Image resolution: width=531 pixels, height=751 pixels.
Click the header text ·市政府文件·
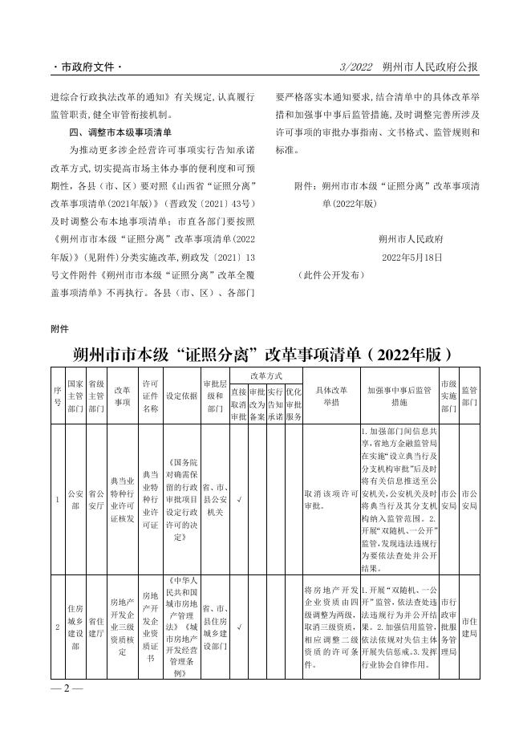click(88, 67)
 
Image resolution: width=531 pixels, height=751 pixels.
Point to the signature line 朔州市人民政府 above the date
click(411, 239)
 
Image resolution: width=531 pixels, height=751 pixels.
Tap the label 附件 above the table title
click(60, 328)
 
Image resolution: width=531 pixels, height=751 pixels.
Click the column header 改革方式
click(266, 375)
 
